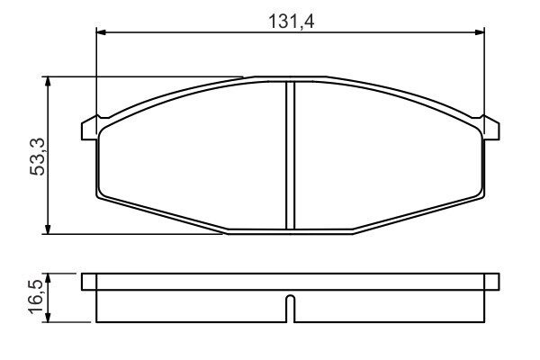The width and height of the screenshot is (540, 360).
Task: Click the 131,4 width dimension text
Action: [x=291, y=22]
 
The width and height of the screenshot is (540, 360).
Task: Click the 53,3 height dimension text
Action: [x=38, y=157]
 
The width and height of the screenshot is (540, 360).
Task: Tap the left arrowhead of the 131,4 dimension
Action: [x=101, y=32]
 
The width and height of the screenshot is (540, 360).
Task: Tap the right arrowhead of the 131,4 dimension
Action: [x=480, y=32]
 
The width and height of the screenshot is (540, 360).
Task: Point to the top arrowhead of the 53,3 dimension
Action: [x=48, y=81]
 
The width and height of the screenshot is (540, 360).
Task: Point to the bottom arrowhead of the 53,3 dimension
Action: [x=48, y=229]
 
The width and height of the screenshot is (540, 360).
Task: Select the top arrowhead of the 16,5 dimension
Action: [x=49, y=278]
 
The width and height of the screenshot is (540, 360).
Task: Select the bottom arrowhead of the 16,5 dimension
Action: [x=49, y=319]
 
